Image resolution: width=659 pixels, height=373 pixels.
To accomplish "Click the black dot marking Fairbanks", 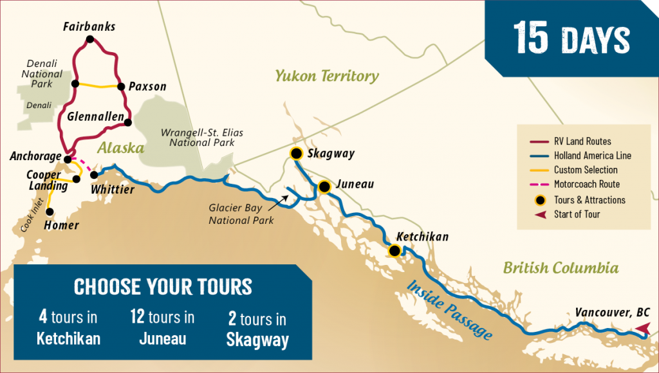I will point(89,40).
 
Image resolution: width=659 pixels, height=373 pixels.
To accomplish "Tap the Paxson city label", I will point(147,86).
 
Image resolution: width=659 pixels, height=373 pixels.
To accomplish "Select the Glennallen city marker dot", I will point(128,122).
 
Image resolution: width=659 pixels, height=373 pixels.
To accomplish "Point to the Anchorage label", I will point(35,156).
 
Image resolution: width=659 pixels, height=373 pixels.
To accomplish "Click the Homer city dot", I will point(50,211).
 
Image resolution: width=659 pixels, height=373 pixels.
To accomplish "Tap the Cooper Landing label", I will point(47,181).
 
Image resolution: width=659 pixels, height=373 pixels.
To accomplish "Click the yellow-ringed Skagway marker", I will point(296,153).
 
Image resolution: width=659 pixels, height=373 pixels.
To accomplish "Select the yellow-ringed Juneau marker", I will point(324,186).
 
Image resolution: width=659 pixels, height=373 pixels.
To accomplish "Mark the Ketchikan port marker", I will point(394,251).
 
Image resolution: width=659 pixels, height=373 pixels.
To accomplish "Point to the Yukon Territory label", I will point(327,77).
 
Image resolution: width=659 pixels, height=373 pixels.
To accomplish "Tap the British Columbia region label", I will point(561,268).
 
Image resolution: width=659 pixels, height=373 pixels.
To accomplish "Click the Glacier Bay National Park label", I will point(241,214).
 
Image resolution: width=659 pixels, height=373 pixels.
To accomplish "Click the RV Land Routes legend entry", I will point(582,141).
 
